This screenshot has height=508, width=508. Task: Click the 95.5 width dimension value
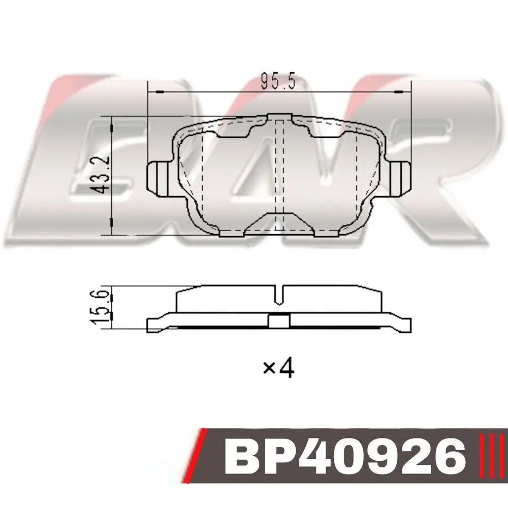coord(278,81)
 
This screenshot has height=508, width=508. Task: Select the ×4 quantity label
coord(278,368)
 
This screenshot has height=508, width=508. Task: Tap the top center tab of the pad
coord(279,117)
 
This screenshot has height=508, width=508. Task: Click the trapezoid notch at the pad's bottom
coord(279,224)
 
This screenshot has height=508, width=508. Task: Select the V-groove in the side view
coord(279,295)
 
